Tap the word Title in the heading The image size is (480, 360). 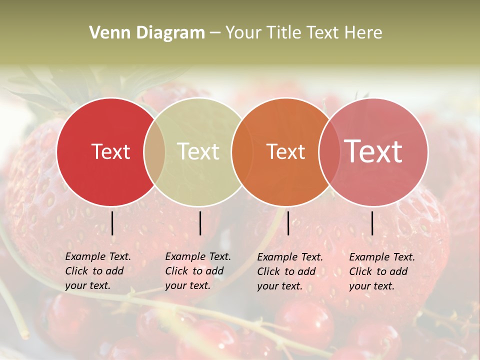tap(285, 33)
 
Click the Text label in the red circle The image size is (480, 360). tap(110, 151)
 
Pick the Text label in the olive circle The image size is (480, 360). tap(198, 151)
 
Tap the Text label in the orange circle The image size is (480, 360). tap(285, 151)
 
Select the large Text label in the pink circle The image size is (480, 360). tap(373, 151)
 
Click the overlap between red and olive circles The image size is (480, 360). tap(154, 152)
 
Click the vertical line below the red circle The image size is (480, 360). tap(112, 223)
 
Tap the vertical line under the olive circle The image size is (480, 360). tap(200, 223)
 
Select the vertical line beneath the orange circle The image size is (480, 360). tap(288, 223)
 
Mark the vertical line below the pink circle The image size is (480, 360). tap(372, 223)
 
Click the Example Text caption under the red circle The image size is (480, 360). tap(97, 271)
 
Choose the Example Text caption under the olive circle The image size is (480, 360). tap(197, 271)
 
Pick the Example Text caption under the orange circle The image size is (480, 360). tap(289, 271)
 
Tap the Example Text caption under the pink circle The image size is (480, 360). tap(381, 271)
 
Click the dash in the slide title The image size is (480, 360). tap(215, 33)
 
